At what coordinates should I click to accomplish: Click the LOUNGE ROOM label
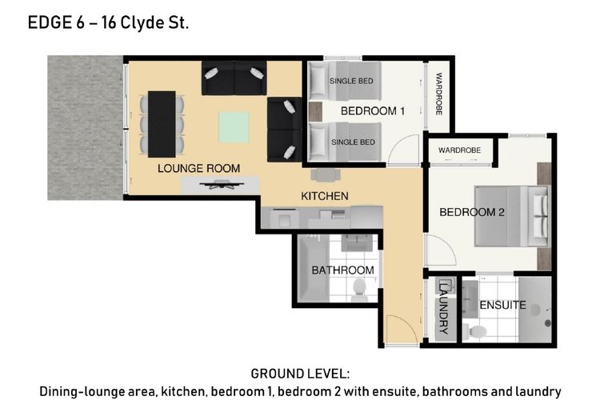coord(198,169)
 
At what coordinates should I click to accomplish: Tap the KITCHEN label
coord(325,196)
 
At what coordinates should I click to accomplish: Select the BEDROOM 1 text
coord(372,111)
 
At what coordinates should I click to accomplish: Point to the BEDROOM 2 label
coord(472,212)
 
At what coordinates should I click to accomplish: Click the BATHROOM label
coord(343,270)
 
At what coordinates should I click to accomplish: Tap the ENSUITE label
coord(503,305)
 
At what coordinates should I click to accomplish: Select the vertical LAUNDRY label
coord(443,307)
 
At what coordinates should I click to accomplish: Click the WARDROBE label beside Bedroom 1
coord(439,94)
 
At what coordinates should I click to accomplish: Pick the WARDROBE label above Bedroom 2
coord(459,150)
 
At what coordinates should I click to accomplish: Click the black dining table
coord(162,124)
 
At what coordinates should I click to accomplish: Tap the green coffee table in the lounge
coord(234,127)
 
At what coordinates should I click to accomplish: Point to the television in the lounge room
coord(222,185)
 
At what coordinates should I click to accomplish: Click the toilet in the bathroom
coord(359,290)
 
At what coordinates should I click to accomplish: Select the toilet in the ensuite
coord(474,331)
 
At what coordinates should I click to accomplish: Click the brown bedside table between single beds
coord(316,112)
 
